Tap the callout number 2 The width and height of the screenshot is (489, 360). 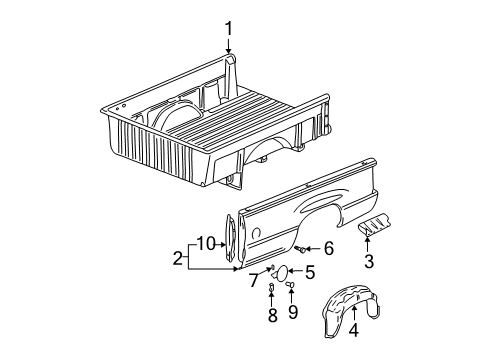(179, 257)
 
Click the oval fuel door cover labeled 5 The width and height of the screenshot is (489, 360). (284, 271)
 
